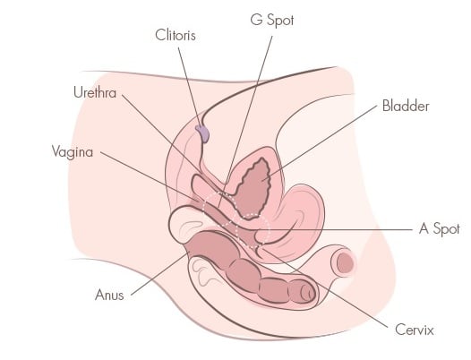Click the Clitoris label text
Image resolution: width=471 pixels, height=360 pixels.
[176, 35]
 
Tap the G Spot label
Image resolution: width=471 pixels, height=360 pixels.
[272, 20]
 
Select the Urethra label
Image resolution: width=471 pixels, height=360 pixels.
[95, 92]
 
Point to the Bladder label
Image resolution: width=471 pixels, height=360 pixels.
[406, 106]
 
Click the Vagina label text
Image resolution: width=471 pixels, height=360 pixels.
[73, 151]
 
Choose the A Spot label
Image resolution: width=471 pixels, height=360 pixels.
[440, 228]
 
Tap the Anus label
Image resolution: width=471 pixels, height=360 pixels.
[109, 295]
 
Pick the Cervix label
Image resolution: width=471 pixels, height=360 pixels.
[415, 330]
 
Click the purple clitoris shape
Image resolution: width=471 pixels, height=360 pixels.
[202, 133]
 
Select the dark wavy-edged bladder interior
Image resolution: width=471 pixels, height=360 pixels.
[253, 189]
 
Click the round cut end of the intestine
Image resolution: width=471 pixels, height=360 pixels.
[344, 262]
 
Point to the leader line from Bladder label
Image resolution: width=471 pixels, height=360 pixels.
[319, 143]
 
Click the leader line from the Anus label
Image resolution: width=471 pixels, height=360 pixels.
[158, 275]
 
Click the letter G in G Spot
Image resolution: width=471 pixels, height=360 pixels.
[256, 20]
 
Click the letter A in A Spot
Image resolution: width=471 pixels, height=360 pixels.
[424, 228]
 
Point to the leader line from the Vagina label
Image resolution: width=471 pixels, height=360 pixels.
[149, 176]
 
